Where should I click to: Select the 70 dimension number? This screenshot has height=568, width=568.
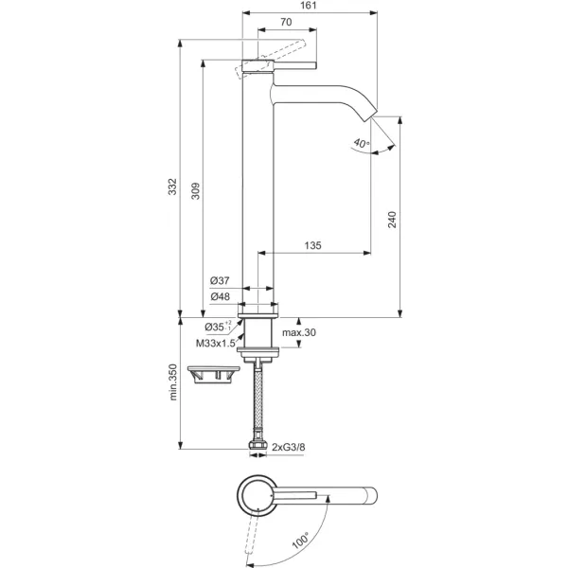[285, 22]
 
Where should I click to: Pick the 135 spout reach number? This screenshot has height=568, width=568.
[312, 246]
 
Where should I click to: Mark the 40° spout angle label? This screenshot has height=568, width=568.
[360, 144]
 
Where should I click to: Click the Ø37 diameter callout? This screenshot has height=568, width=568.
[220, 281]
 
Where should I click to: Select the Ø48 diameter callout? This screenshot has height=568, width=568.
[220, 296]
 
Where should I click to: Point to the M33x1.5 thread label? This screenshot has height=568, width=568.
[215, 344]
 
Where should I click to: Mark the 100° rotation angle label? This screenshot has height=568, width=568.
[301, 542]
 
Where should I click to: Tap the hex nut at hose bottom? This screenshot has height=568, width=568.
[258, 444]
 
